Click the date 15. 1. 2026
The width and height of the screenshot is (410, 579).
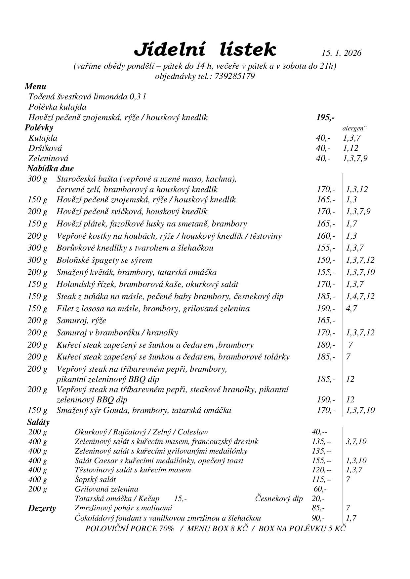(x=341, y=53)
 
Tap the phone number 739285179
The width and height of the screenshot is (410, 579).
(x=235, y=76)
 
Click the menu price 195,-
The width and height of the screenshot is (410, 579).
(x=325, y=118)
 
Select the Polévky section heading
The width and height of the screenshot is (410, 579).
(x=39, y=128)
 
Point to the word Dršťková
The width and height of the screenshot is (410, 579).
(x=45, y=148)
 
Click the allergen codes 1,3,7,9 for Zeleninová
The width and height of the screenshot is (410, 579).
(x=355, y=158)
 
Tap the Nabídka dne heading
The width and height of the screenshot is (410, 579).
(x=50, y=169)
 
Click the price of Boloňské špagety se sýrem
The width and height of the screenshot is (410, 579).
(x=326, y=260)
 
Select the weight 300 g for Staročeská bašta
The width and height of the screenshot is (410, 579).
(x=37, y=179)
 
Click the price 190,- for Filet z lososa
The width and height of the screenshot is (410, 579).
(x=326, y=309)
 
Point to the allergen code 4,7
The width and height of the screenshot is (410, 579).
(x=351, y=309)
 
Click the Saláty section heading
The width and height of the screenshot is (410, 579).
(x=38, y=422)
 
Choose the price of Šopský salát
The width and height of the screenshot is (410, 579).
(x=321, y=479)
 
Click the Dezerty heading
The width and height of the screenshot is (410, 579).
(x=42, y=508)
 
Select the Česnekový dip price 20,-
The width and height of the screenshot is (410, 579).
(x=318, y=498)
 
